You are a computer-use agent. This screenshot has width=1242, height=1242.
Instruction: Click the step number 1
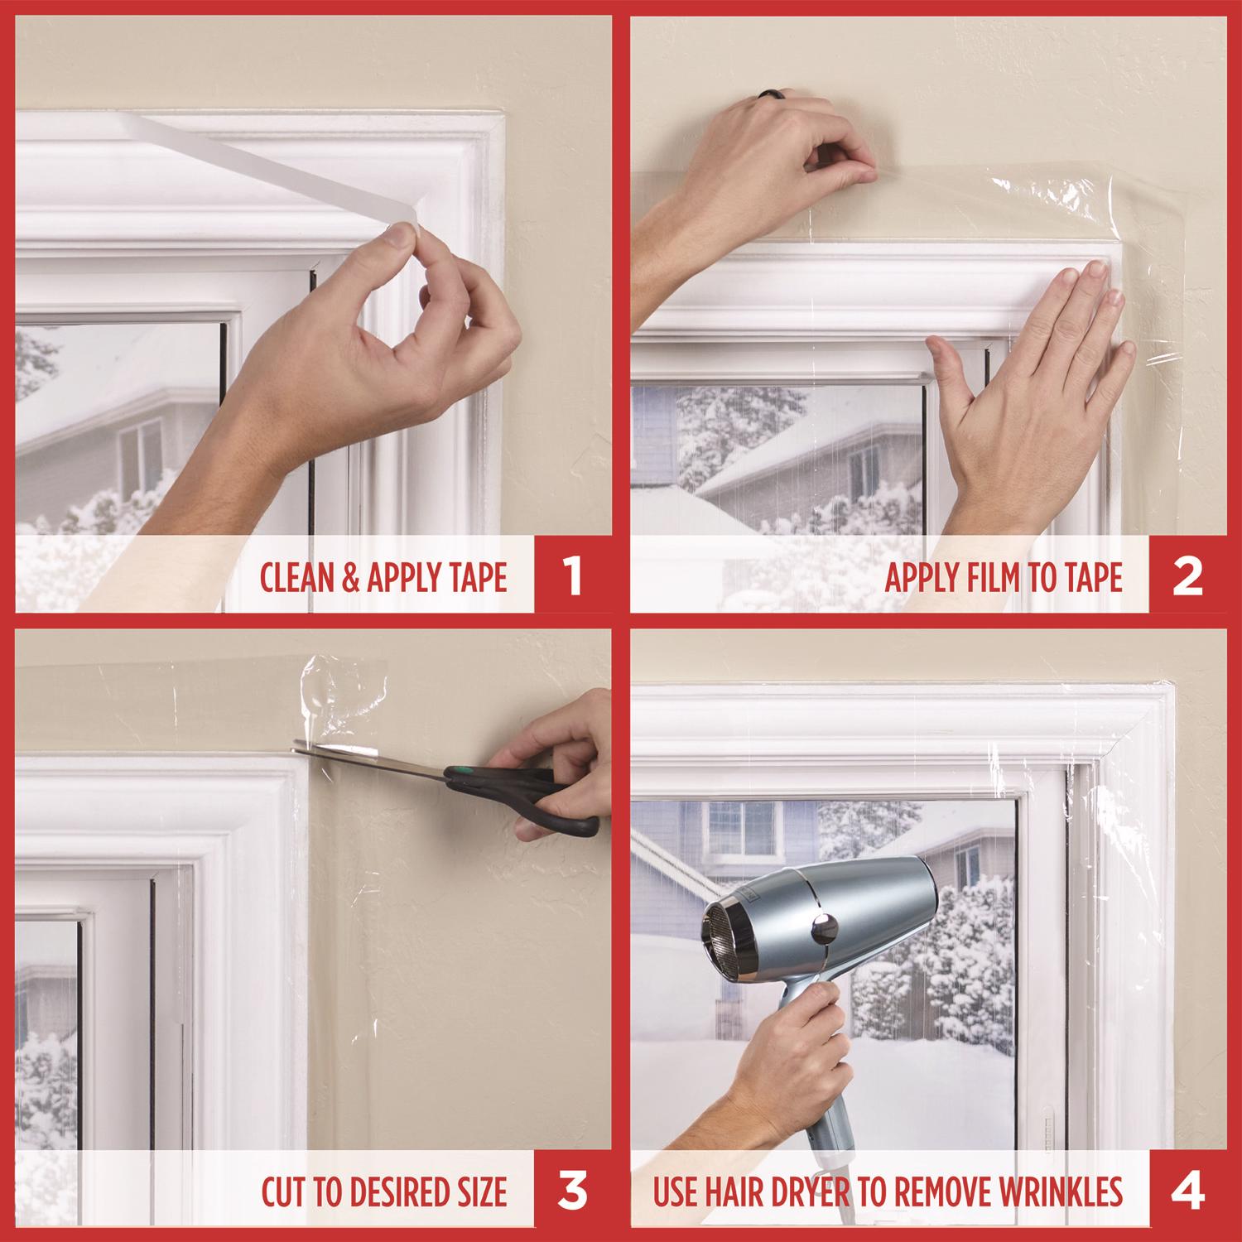pos(572,577)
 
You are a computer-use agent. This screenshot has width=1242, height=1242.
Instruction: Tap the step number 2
pos(1187,577)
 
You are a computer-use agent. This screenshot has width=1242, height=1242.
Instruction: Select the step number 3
pos(572,1191)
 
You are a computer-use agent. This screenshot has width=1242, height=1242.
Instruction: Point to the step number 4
pos(1187,1191)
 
